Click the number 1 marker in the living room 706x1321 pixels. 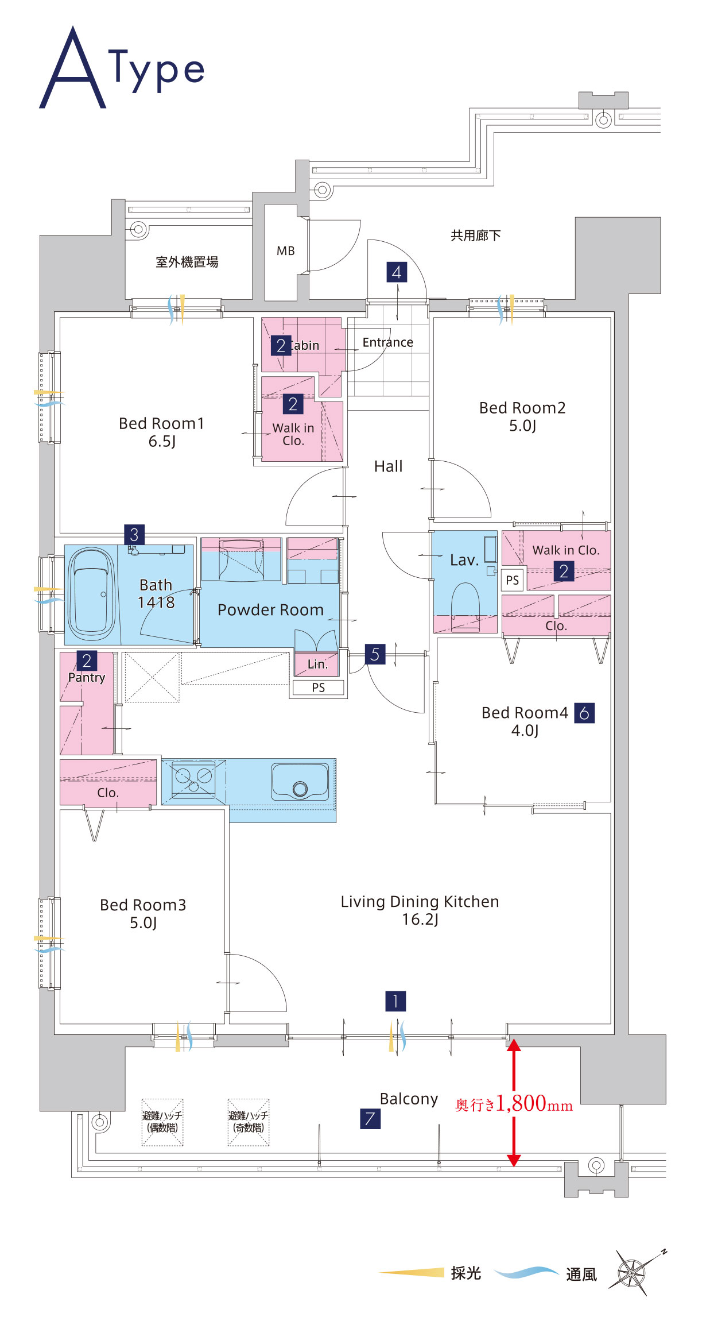(x=395, y=1001)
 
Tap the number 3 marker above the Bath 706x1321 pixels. (x=134, y=535)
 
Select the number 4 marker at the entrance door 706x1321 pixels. (x=397, y=272)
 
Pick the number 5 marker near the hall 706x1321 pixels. (x=375, y=654)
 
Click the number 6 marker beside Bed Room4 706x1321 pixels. (x=584, y=713)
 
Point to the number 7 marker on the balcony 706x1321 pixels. (x=370, y=1118)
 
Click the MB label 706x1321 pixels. (x=285, y=251)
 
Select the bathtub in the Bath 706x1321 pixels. (x=91, y=594)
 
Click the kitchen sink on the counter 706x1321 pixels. (x=300, y=782)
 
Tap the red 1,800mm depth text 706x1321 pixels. (x=514, y=1103)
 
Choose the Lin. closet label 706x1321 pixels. (x=317, y=665)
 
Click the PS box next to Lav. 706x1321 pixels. (x=512, y=580)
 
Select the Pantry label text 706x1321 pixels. (x=87, y=678)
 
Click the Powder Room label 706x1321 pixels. (x=270, y=610)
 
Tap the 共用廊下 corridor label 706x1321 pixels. (x=475, y=235)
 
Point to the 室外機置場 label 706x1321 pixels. (x=187, y=262)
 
